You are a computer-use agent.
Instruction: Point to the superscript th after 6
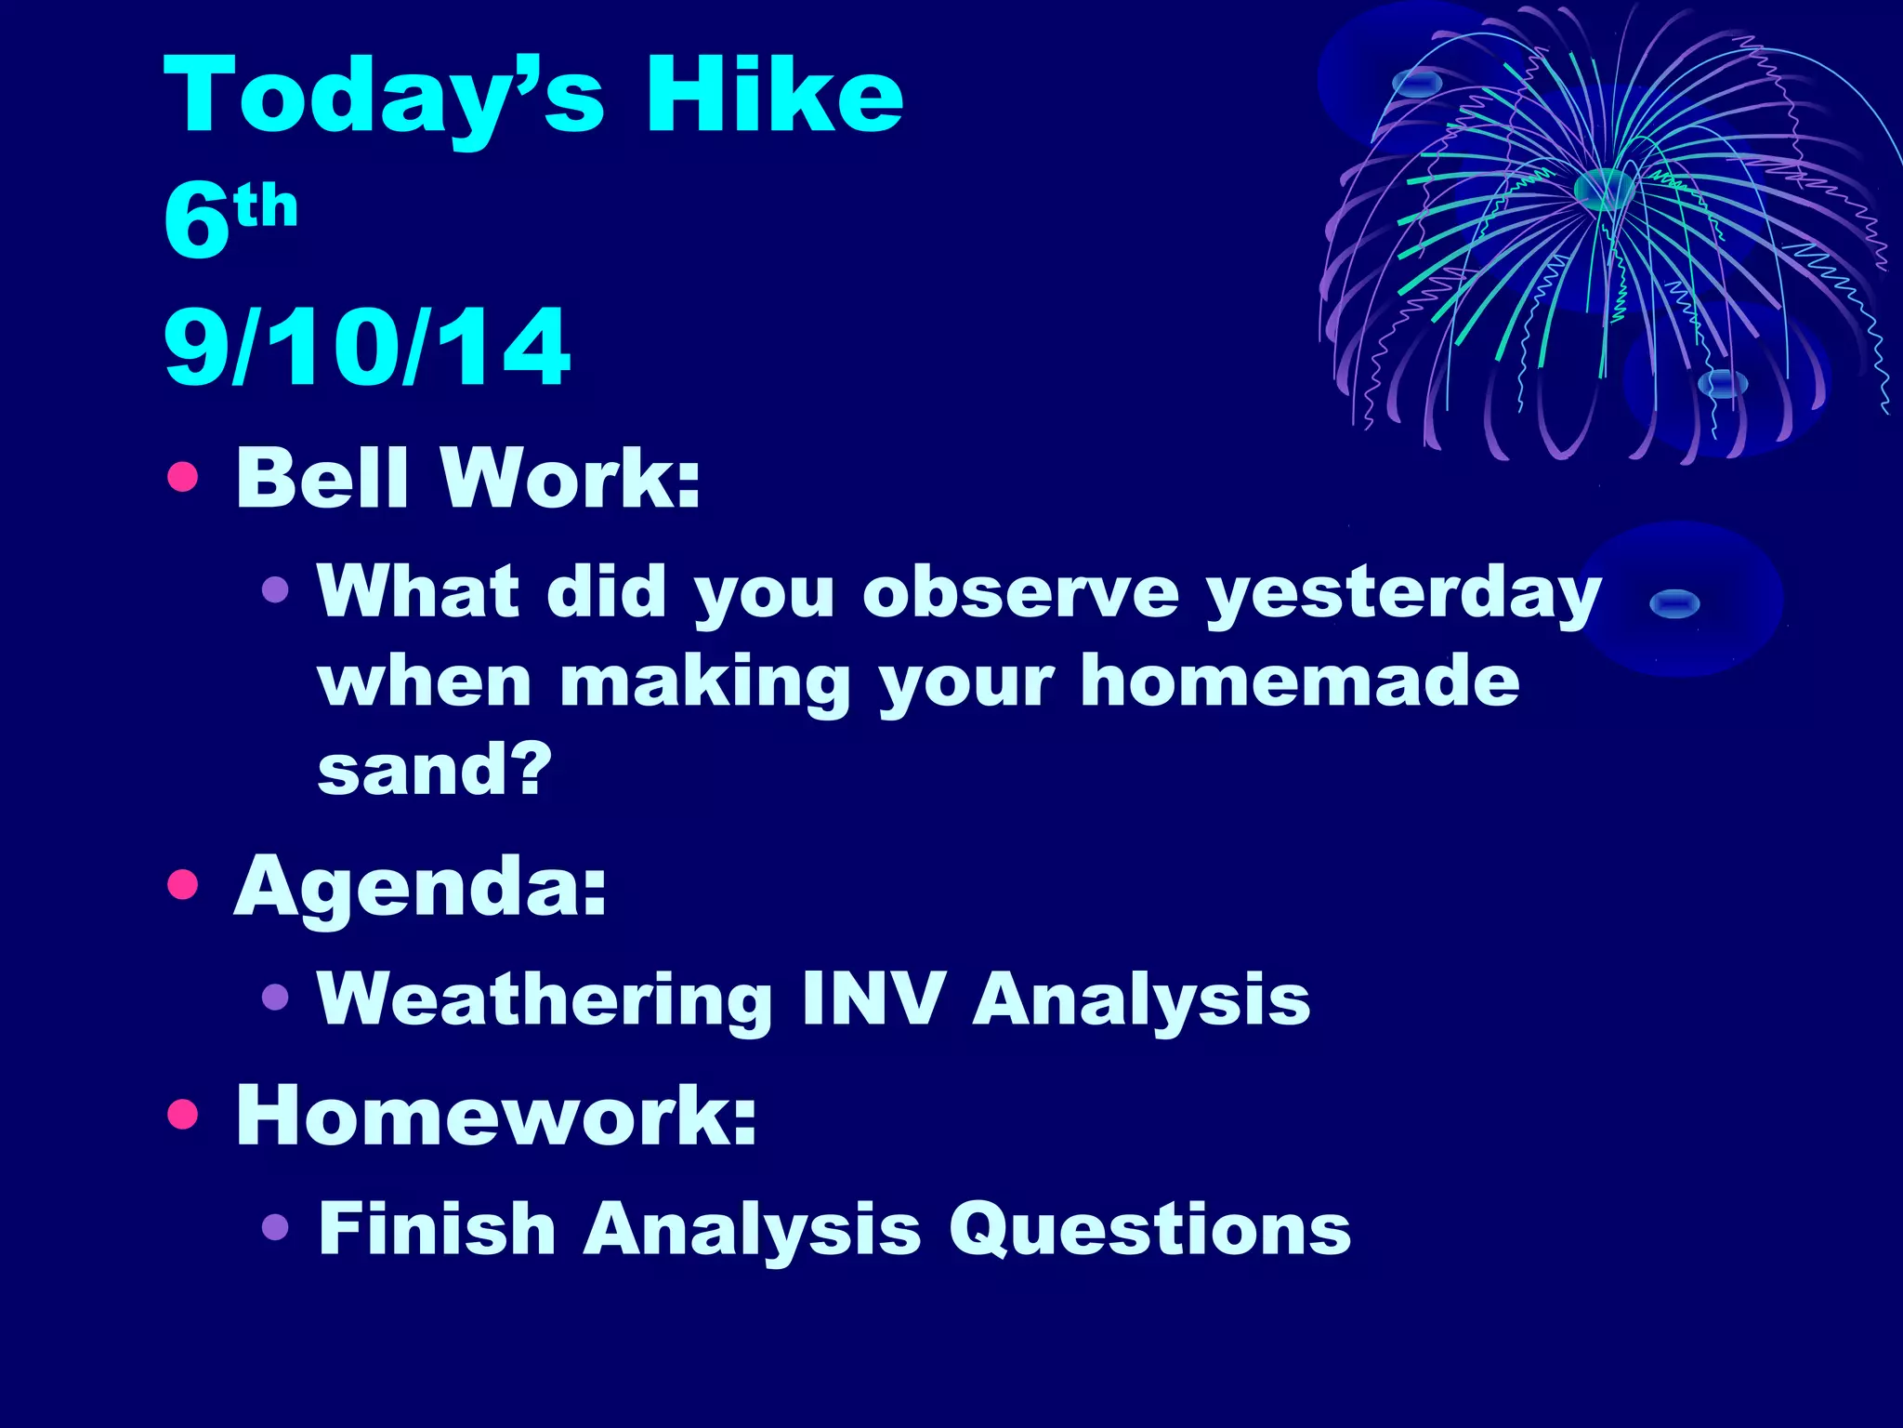pyautogui.click(x=267, y=206)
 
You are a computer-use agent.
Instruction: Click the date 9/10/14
pyautogui.click(x=367, y=347)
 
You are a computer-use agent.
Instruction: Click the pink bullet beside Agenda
pyautogui.click(x=183, y=884)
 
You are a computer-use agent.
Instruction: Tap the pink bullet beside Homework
pyautogui.click(x=183, y=1113)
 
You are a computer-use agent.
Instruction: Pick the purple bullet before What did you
pyautogui.click(x=275, y=589)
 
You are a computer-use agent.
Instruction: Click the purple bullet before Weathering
pyautogui.click(x=275, y=998)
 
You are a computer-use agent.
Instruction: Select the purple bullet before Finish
pyautogui.click(x=275, y=1227)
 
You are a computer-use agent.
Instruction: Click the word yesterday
pyautogui.click(x=1403, y=595)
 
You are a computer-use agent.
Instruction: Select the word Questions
pyautogui.click(x=1149, y=1230)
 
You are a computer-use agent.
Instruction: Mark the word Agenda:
pyautogui.click(x=420, y=888)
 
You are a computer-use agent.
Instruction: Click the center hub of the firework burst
pyautogui.click(x=1604, y=189)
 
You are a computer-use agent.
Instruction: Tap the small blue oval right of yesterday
pyautogui.click(x=1674, y=604)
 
